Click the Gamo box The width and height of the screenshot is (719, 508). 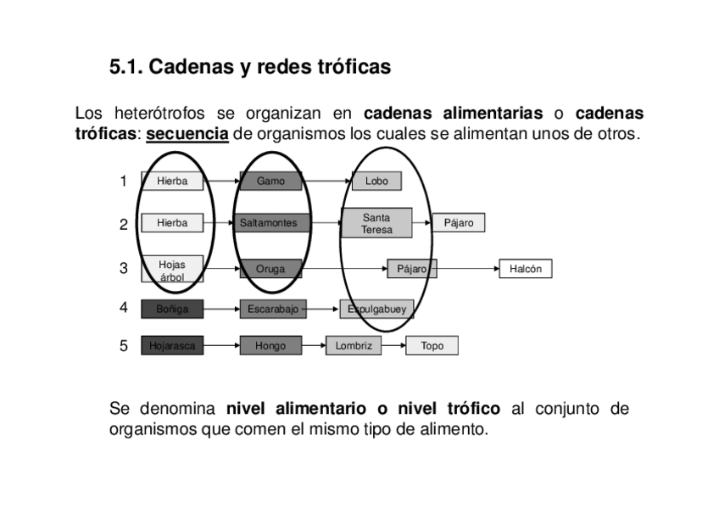click(270, 181)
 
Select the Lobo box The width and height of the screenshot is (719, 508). click(376, 181)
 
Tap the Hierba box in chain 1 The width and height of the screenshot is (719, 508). click(172, 181)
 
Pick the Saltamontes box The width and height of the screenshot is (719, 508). click(269, 223)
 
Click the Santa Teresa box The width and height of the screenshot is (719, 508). click(376, 223)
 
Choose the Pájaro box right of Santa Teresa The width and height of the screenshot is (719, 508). click(459, 223)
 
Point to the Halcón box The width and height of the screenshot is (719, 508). click(526, 269)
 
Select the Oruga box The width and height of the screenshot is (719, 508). click(270, 269)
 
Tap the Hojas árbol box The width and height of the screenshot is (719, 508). click(172, 270)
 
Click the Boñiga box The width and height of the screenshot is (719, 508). click(172, 310)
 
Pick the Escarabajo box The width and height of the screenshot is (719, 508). click(272, 310)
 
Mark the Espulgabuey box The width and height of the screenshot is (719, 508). click(376, 310)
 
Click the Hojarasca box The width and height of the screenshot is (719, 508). click(172, 346)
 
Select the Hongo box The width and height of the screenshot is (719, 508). click(270, 346)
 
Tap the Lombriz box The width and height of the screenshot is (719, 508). click(354, 346)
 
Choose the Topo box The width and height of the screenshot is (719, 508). click(432, 346)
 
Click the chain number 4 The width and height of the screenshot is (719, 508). click(124, 307)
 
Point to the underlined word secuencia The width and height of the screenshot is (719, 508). click(187, 134)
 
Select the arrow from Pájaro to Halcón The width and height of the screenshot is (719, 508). click(467, 269)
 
